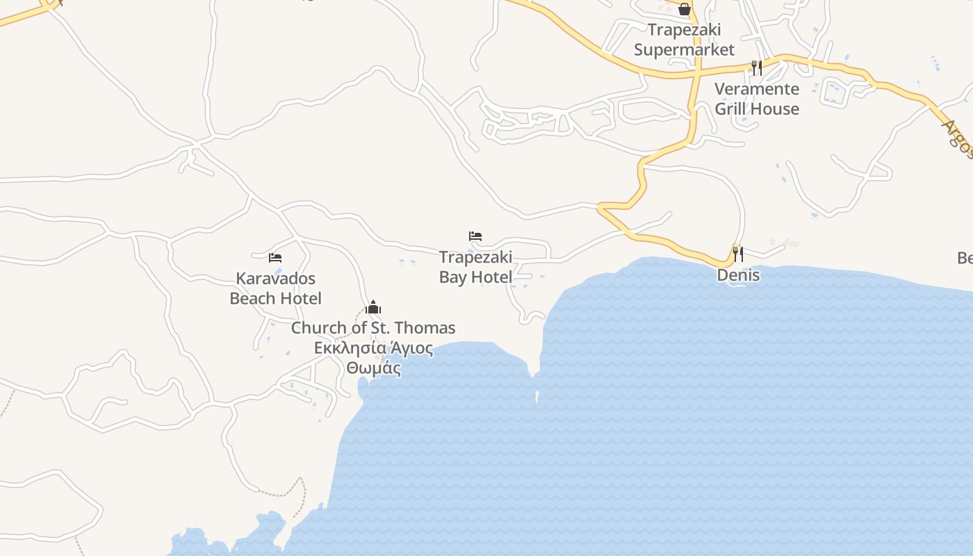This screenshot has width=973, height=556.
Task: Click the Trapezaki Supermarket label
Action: point(684,40)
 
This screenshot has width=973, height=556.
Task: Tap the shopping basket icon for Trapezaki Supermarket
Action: point(685,9)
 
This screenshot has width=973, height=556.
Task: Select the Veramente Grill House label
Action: point(757,99)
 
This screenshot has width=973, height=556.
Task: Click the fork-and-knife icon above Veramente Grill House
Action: point(757,67)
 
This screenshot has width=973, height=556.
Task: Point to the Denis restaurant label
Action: point(738,275)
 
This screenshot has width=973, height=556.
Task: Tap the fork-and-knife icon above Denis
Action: point(738,254)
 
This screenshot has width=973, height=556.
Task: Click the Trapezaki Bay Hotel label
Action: point(475,267)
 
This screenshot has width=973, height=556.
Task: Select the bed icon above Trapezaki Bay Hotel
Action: point(475,236)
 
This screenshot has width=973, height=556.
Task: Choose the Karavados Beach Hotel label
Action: point(275,288)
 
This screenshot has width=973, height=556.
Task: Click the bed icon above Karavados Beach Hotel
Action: point(275,258)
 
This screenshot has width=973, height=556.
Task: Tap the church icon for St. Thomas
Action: point(373,307)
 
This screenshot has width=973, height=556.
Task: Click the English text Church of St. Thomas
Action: point(373,328)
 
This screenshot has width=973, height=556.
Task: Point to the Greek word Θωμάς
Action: point(374,368)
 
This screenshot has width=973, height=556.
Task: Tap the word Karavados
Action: point(275,279)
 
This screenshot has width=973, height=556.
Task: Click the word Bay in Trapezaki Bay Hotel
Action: point(453,277)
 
